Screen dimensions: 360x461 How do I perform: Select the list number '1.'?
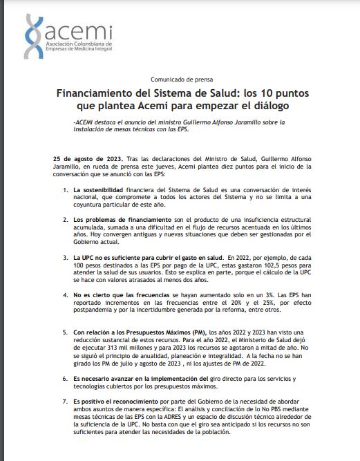(x=64, y=189)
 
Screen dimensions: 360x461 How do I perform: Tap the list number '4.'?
(x=64, y=294)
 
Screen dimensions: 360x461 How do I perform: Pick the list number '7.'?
(x=64, y=400)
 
